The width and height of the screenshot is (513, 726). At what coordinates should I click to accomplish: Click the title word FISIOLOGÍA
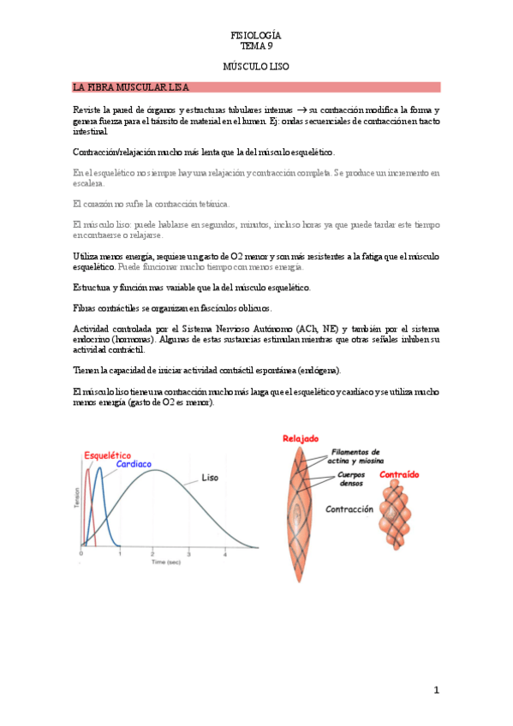coord(256,35)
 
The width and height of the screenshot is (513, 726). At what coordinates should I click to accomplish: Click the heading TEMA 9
coord(256,46)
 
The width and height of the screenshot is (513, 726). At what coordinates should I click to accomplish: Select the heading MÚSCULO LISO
coord(256,66)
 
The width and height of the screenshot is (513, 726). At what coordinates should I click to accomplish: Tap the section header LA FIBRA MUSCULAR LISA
coord(131,87)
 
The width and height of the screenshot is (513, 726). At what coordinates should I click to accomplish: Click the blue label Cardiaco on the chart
coord(134,464)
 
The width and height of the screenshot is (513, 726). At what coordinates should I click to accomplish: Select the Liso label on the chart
coord(212,477)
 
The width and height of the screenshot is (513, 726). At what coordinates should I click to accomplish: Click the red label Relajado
coord(301,439)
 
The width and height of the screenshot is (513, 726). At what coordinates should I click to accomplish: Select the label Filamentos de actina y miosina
coord(356,455)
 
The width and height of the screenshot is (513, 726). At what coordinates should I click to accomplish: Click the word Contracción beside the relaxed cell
coord(349,509)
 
